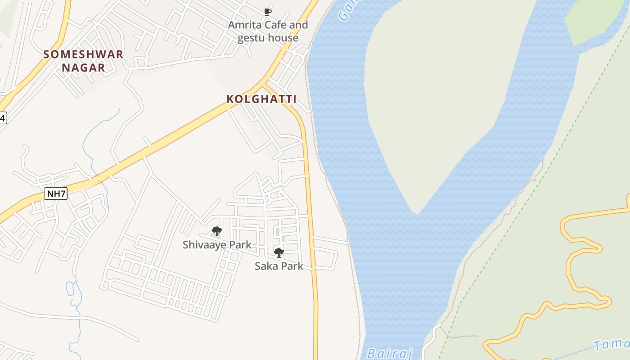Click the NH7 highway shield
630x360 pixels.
tap(56, 194)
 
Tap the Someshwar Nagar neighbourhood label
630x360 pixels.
tap(83, 61)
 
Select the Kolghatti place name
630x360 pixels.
tap(261, 99)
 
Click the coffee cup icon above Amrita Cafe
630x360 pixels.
tap(268, 12)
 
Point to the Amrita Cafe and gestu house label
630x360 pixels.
tap(268, 31)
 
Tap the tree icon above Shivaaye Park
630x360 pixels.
tap(216, 231)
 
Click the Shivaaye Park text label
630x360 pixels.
tap(217, 245)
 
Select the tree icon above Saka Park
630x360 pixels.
tap(279, 252)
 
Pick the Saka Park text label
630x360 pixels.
tap(279, 266)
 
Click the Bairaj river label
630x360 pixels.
tap(390, 353)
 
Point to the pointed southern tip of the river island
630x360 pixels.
tap(418, 213)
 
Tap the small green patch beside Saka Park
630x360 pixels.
tap(283, 238)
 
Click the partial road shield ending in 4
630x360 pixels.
tap(3, 118)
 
